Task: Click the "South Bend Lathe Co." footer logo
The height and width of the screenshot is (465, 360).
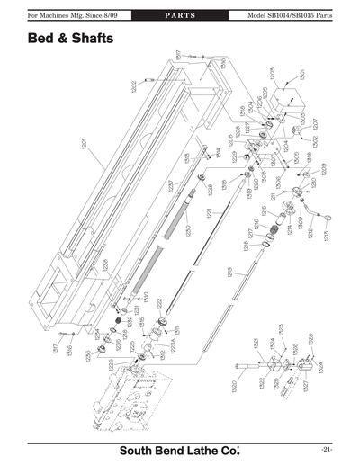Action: pos(180,449)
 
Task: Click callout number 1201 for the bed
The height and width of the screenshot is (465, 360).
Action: pos(84,147)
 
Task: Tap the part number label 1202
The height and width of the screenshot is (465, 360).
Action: pos(134,87)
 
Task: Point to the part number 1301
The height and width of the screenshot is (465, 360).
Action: pos(302,75)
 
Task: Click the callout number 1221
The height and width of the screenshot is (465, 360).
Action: pos(208,214)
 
